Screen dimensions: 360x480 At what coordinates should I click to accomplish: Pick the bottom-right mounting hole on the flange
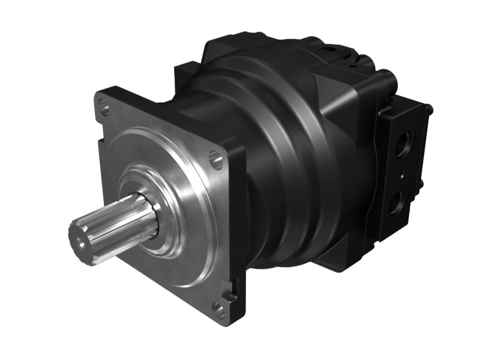219,311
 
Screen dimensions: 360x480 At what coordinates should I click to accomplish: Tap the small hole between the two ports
400,175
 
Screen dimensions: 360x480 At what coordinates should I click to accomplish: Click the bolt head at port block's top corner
428,109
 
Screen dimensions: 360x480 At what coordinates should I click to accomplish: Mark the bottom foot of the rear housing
336,264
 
